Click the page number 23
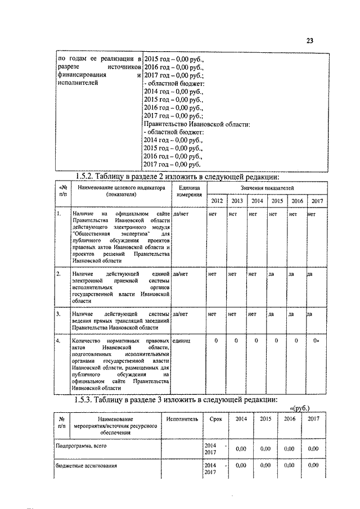point(309,40)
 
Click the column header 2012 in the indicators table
point(217,201)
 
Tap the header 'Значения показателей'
point(267,187)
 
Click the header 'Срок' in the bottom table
point(215,419)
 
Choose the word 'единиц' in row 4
point(182,341)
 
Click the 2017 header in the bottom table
point(314,419)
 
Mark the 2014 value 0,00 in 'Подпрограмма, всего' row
point(241,448)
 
